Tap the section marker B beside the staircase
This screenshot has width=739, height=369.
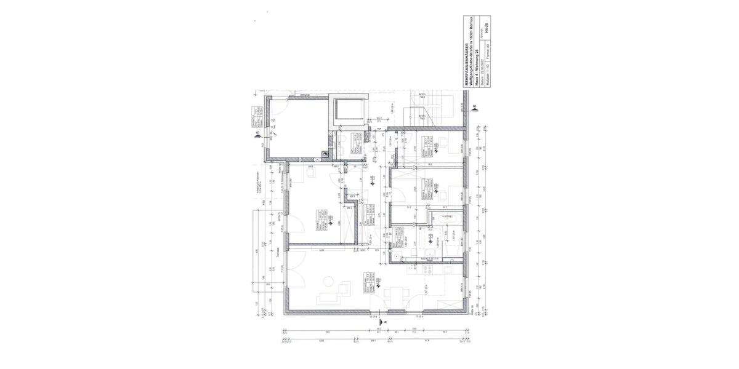[474, 108]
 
